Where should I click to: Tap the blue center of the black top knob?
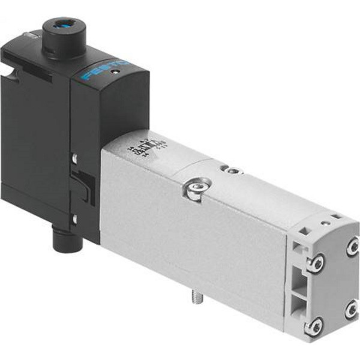[x=61, y=27]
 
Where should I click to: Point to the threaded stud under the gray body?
[x=196, y=296]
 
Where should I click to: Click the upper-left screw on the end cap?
[x=315, y=263]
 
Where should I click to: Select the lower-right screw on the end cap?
[x=352, y=311]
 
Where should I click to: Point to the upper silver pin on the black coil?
[x=74, y=158]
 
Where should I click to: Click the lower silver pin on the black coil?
[x=74, y=219]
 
